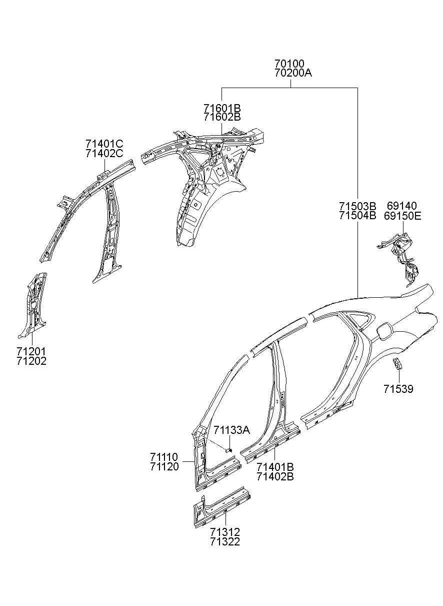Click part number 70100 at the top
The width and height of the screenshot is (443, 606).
click(289, 64)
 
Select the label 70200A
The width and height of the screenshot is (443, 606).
click(293, 73)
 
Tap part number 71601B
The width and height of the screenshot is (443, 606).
click(222, 108)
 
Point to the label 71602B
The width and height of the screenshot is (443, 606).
click(222, 117)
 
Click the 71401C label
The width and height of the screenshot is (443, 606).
click(104, 145)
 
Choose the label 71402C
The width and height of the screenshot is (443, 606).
click(104, 154)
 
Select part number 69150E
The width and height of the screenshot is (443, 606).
click(402, 216)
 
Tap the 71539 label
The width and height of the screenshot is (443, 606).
click(398, 389)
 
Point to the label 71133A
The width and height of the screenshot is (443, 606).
click(231, 430)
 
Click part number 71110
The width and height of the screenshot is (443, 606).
click(164, 457)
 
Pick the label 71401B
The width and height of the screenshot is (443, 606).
click(275, 467)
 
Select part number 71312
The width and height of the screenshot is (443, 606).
click(224, 532)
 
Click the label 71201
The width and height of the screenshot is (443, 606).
click(31, 351)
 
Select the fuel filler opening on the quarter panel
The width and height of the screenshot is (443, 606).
click(383, 331)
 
